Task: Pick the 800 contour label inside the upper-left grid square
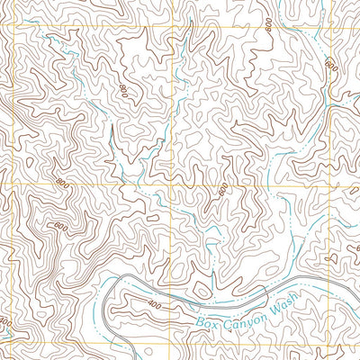coord(122,90)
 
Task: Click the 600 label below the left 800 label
coord(58,225)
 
